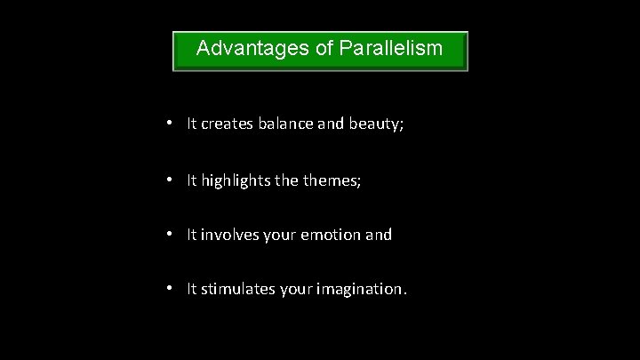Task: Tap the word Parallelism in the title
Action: [x=391, y=47]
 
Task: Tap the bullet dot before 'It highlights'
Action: [x=170, y=180]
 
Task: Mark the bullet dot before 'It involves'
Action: [x=170, y=236]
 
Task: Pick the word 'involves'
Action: [x=229, y=236]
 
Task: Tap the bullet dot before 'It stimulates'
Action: [x=170, y=291]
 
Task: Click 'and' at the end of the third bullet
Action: [x=379, y=236]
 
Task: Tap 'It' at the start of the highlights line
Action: [x=192, y=180]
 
